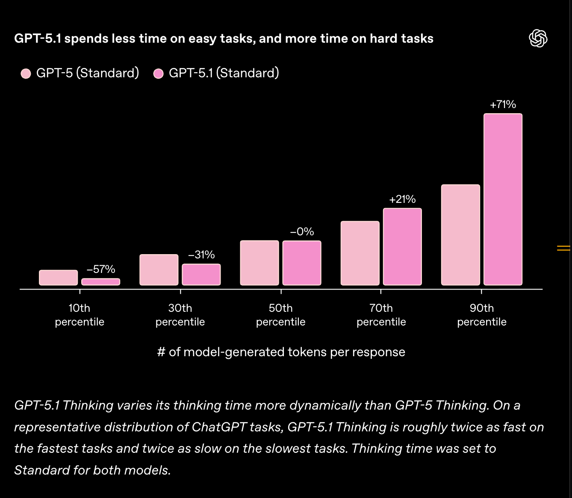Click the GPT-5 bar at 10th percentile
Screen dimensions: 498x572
click(59, 278)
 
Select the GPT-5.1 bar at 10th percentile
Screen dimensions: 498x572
click(101, 282)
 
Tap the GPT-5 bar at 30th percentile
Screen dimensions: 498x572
click(159, 270)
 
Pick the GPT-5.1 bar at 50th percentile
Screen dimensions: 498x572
click(302, 263)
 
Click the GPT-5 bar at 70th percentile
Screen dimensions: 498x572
click(360, 253)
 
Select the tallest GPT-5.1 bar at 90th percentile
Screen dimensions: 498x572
click(503, 199)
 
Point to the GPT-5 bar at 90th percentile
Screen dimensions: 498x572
click(460, 235)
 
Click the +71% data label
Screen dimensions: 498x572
click(503, 105)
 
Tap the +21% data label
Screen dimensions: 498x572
click(402, 199)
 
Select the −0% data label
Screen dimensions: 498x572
click(302, 232)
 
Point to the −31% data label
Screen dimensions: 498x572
click(201, 255)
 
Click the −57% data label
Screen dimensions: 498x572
click(101, 270)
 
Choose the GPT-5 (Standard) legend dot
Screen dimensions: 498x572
click(26, 73)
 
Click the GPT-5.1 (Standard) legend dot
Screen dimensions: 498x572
click(159, 73)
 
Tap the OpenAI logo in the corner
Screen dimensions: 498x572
click(538, 38)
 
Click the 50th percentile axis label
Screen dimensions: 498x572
click(281, 315)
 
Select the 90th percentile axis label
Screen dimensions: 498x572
click(482, 315)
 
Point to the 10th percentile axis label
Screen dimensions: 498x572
click(80, 315)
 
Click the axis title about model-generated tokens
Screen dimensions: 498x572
click(281, 352)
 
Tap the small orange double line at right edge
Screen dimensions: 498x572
click(563, 248)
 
